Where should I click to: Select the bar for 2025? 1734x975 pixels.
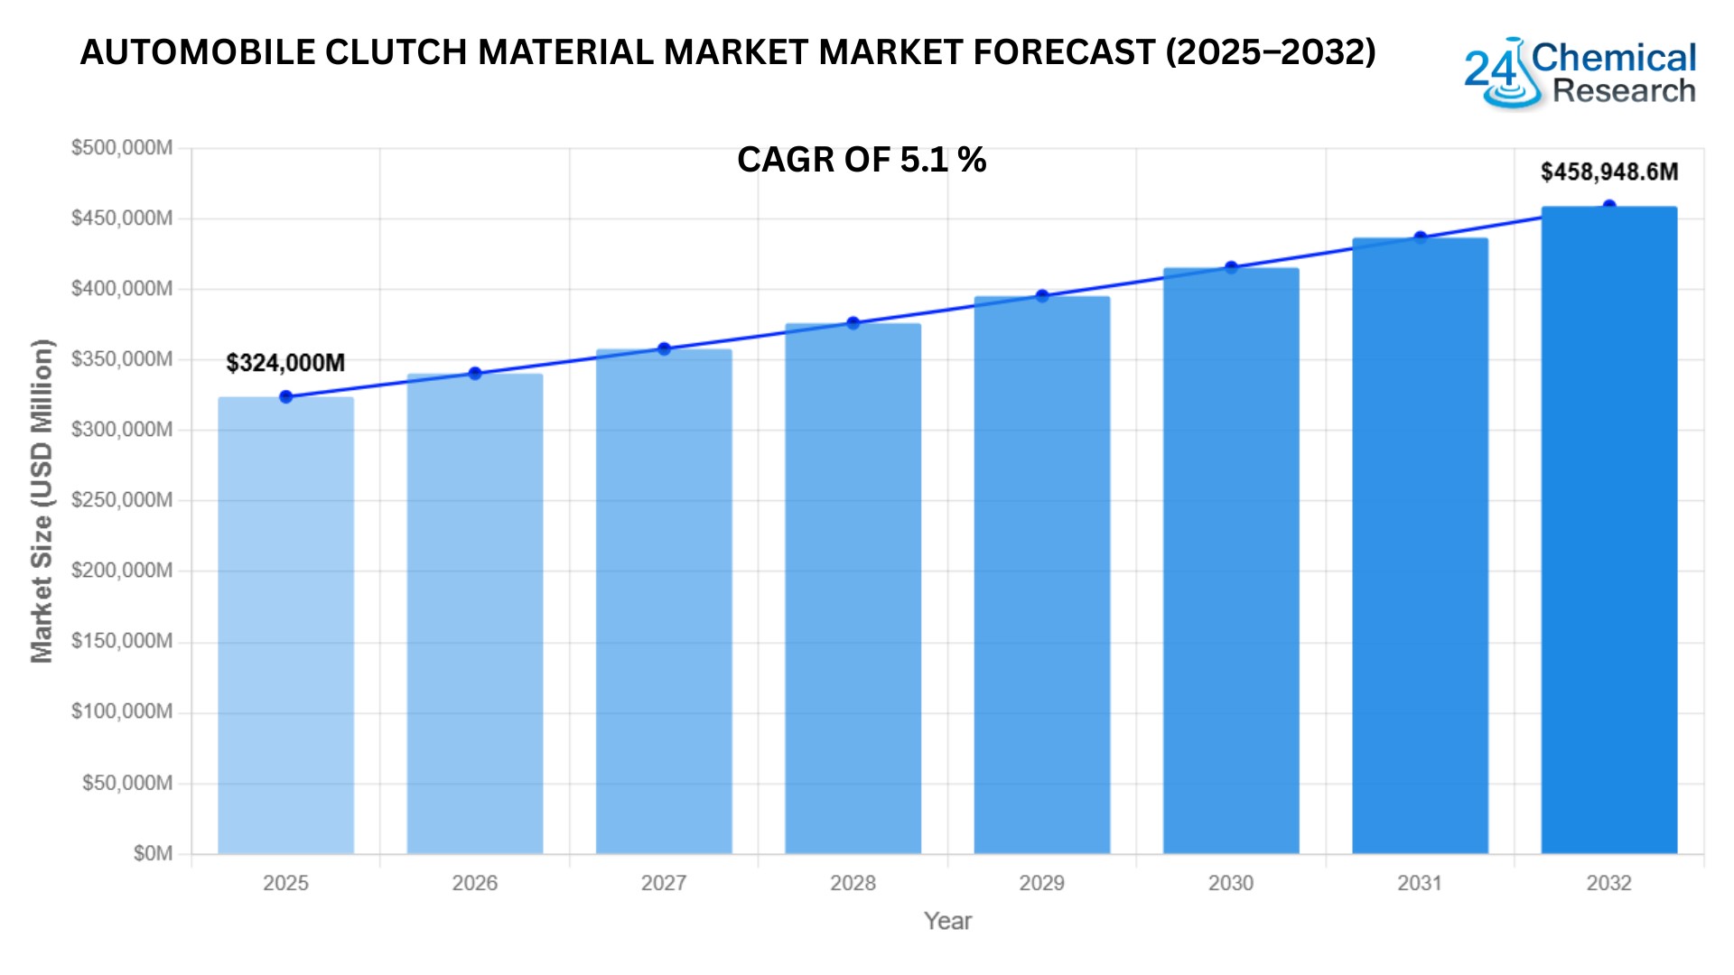click(x=285, y=625)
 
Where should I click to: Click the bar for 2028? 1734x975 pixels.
click(x=853, y=589)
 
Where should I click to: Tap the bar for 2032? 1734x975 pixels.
click(x=1608, y=530)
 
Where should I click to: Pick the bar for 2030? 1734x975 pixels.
click(x=1230, y=561)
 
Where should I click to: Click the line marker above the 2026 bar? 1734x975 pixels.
click(x=475, y=374)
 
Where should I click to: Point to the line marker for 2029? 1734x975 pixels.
click(x=1042, y=296)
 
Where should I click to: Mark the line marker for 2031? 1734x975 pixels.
click(x=1420, y=238)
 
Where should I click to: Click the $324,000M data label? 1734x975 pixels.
click(x=285, y=363)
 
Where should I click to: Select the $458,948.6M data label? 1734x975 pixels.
click(x=1608, y=172)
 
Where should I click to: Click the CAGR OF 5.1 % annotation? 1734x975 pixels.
click(x=862, y=160)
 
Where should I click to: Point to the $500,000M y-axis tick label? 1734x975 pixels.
click(x=122, y=148)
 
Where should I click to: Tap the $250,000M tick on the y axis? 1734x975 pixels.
click(x=122, y=500)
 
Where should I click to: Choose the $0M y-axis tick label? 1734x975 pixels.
click(x=153, y=853)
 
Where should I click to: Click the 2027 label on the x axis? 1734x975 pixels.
click(x=664, y=883)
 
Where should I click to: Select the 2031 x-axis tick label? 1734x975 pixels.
click(x=1420, y=883)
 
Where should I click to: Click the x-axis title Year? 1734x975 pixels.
click(x=947, y=921)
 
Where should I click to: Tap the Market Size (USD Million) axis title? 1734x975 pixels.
click(x=42, y=501)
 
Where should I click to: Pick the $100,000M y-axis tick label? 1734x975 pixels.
click(x=122, y=712)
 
